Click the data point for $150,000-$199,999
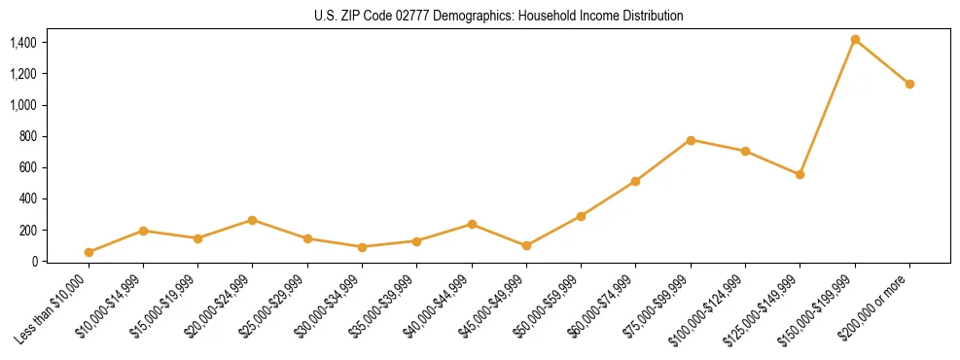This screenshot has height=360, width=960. pyautogui.click(x=855, y=40)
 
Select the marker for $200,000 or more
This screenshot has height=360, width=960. pyautogui.click(x=909, y=84)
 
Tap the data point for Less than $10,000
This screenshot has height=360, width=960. pyautogui.click(x=89, y=252)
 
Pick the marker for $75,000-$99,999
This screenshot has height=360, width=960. pyautogui.click(x=691, y=140)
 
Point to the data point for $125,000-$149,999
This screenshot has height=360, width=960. pyautogui.click(x=800, y=175)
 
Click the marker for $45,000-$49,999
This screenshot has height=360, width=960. pyautogui.click(x=526, y=246)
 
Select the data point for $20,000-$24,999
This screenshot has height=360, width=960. pyautogui.click(x=253, y=220)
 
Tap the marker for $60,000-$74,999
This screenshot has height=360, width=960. pyautogui.click(x=635, y=181)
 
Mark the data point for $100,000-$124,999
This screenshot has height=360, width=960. pyautogui.click(x=745, y=151)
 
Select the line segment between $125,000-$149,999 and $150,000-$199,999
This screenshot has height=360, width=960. pyautogui.click(x=827, y=108)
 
